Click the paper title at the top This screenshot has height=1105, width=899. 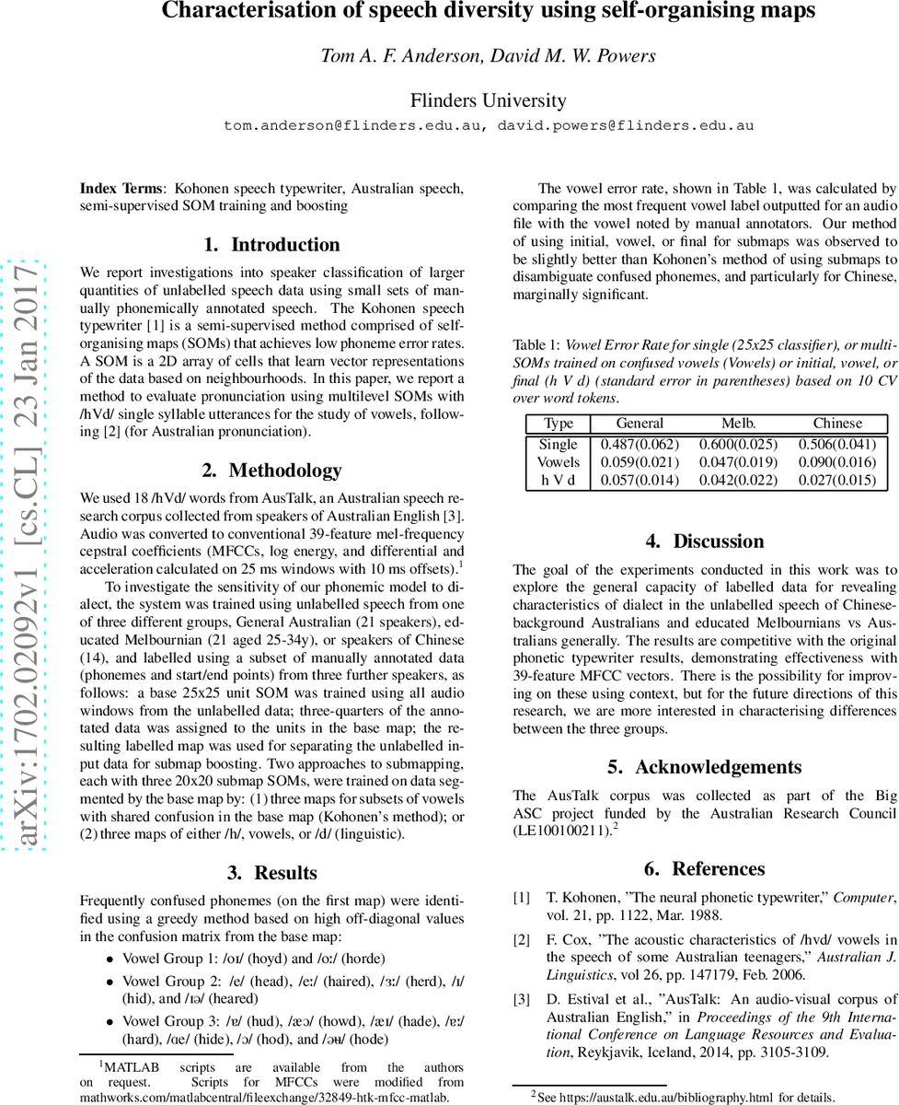(x=489, y=12)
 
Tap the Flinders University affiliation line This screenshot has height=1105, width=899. (x=489, y=100)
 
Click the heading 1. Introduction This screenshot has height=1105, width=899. (x=271, y=244)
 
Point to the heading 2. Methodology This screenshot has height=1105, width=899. (x=271, y=470)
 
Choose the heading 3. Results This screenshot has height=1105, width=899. (x=271, y=872)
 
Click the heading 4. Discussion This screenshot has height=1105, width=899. (x=705, y=541)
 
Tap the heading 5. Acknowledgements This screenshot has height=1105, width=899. (x=705, y=766)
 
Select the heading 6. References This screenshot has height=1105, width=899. (x=705, y=868)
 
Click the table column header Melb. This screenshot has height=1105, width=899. (x=738, y=424)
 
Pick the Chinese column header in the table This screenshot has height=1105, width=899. (x=837, y=424)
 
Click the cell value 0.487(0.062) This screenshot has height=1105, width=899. (x=640, y=444)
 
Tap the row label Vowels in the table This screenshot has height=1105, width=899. (x=559, y=461)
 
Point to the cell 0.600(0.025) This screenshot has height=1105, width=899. (x=738, y=444)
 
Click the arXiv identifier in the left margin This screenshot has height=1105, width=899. (x=29, y=553)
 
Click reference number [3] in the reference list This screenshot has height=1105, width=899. (x=522, y=998)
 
